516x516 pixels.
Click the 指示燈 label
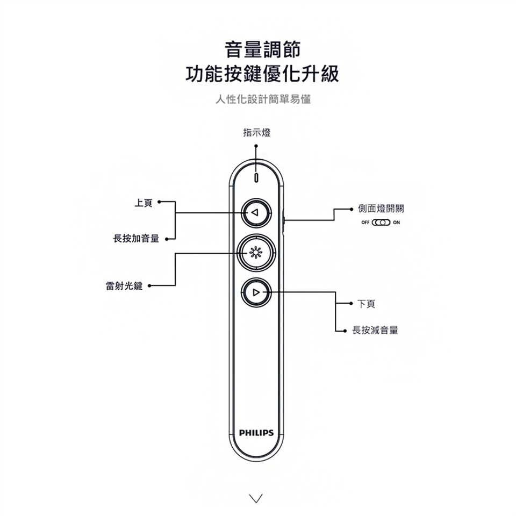tap(257, 133)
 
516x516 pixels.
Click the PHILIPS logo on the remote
tap(256, 433)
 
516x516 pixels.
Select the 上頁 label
tap(144, 203)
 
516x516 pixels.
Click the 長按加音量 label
tap(136, 238)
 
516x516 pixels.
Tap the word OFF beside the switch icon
tap(366, 223)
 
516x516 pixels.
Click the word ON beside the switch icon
tap(397, 223)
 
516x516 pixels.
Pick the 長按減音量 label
tap(375, 330)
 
